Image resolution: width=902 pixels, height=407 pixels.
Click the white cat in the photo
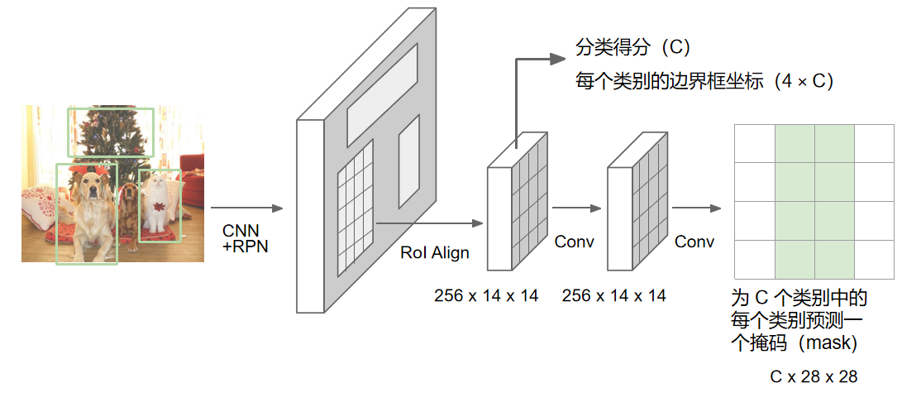click(x=155, y=203)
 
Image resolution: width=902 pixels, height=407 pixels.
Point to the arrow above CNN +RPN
click(x=246, y=209)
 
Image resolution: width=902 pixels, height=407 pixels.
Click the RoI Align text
click(x=434, y=252)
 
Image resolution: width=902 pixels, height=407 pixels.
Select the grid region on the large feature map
click(x=356, y=207)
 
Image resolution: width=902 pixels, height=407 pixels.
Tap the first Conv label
click(x=575, y=242)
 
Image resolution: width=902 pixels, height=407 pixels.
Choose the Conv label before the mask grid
click(x=694, y=242)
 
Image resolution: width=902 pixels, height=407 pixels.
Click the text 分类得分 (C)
click(x=632, y=48)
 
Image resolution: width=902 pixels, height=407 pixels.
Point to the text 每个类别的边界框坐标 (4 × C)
click(x=704, y=81)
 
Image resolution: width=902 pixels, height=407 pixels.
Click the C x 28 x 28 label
click(x=814, y=376)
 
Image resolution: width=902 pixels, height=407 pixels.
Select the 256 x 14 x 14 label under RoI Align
click(x=486, y=295)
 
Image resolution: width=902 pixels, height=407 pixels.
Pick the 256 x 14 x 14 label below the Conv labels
click(x=613, y=295)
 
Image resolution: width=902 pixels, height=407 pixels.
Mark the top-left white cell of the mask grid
click(x=755, y=143)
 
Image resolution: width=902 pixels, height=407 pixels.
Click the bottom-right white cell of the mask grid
click(x=874, y=260)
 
